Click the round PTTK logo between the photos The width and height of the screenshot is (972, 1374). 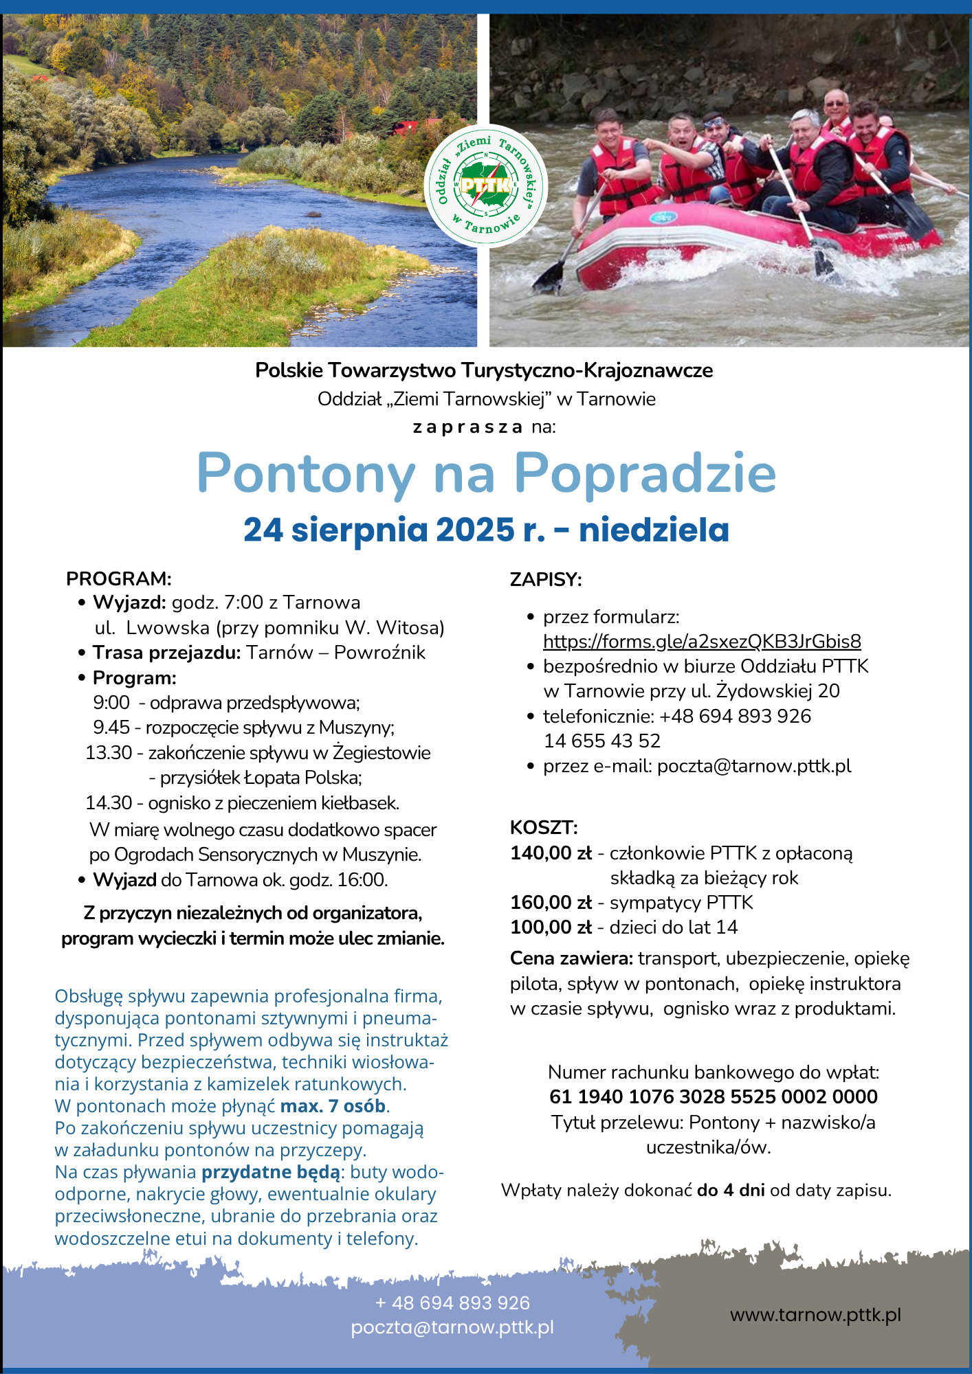pos(485,185)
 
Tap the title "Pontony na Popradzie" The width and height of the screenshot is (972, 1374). pos(486,473)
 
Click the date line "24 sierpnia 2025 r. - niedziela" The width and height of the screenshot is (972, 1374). pos(486,530)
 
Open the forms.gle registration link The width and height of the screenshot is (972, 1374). pos(702,642)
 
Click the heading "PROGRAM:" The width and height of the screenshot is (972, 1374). pos(118,578)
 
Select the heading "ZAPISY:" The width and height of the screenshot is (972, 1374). pos(546,579)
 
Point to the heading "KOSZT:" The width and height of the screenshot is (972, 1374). pos(544,826)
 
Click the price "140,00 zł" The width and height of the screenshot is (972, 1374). pos(551,853)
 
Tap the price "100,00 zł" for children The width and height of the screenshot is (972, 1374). pos(551,927)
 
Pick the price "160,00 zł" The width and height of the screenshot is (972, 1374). pos(551,903)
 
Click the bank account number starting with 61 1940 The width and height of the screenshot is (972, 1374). pos(714,1097)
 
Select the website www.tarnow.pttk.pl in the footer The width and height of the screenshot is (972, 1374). pos(815,1315)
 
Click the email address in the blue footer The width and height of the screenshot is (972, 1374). pos(452,1327)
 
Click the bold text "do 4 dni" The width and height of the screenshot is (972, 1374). pos(731,1191)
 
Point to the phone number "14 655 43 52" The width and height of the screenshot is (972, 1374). pos(602,741)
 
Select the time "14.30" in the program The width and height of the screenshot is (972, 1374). pos(109,802)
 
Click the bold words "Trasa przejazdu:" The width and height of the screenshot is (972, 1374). pos(166,653)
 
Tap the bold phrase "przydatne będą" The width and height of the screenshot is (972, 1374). pos(271,1172)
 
